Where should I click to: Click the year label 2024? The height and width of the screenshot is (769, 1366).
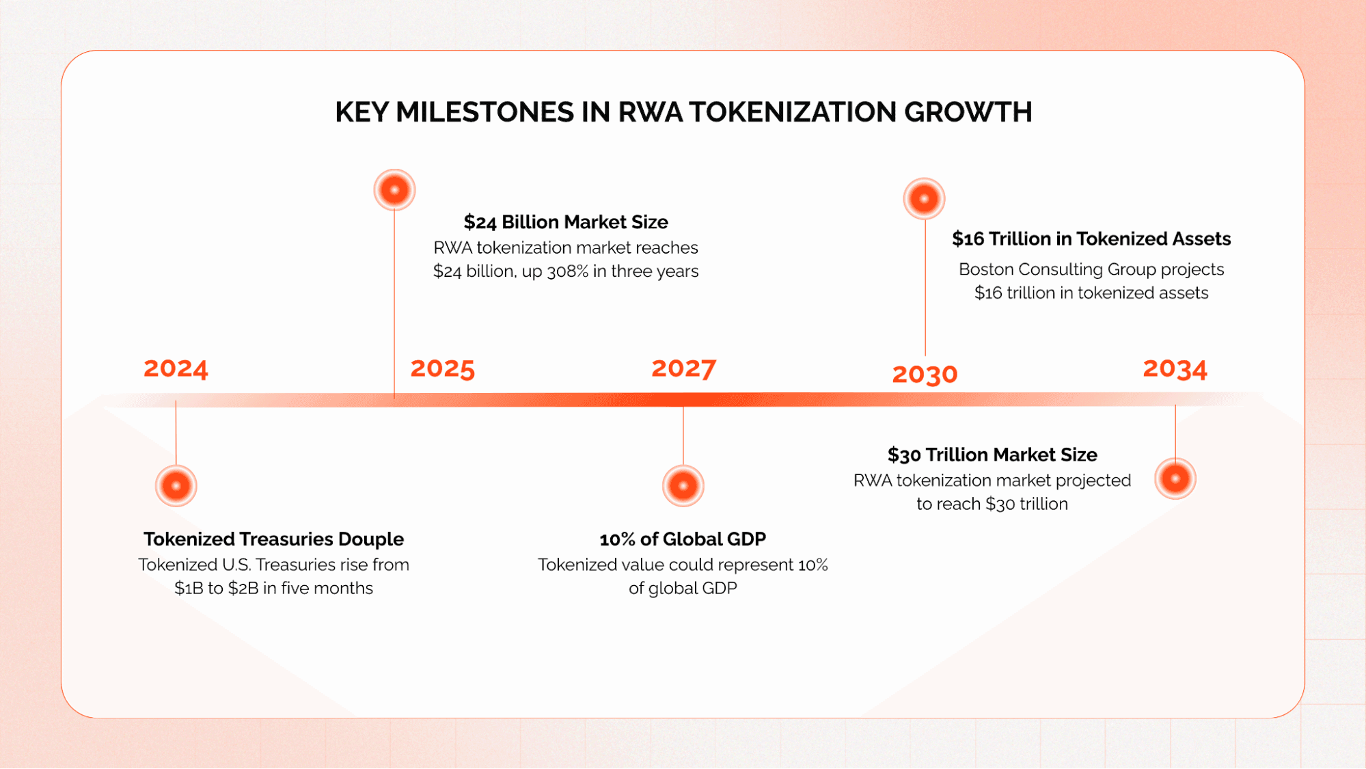coord(176,368)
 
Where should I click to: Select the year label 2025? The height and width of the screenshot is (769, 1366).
coord(442,368)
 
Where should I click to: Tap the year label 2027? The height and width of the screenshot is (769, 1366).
coord(683,368)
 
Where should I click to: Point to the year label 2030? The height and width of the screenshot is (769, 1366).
coord(925,374)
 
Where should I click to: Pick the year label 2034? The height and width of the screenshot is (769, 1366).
coord(1175,368)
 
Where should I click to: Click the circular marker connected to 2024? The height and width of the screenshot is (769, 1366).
coord(176,486)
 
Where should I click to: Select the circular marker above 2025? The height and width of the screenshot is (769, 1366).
coord(394,189)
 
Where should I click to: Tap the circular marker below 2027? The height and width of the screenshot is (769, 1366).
coord(683,486)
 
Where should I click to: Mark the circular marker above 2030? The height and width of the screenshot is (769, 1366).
coord(924,199)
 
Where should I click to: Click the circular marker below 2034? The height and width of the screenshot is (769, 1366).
coord(1175,478)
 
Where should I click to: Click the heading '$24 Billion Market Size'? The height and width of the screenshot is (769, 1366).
coord(566,222)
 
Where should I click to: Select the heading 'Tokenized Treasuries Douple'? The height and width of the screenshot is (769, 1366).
coord(273,539)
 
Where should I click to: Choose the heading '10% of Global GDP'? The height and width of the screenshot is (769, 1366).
coord(683,539)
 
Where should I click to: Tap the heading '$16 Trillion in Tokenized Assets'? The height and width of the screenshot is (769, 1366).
coord(1091,239)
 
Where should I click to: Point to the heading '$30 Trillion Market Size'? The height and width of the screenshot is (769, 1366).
coord(992,455)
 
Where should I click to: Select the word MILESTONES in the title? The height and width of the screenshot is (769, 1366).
coord(484,112)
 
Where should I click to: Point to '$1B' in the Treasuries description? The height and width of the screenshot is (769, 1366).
coord(189,589)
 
